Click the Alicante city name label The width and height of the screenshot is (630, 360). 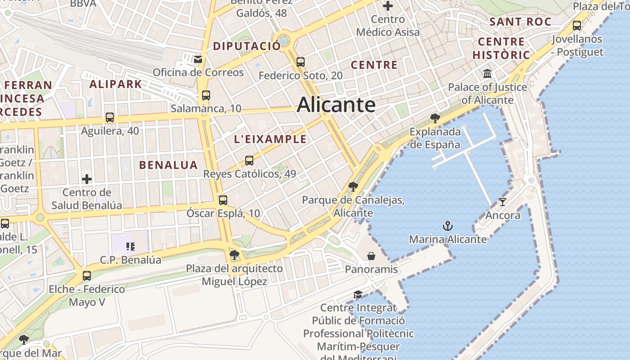coord(336,105)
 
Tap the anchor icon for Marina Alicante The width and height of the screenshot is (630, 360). coord(447,226)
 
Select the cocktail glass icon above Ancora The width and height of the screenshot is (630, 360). coord(502,202)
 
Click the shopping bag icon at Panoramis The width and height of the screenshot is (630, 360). coord(371,256)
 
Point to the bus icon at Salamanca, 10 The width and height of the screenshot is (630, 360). coord(206,95)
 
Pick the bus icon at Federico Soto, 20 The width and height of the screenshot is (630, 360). coord(301,62)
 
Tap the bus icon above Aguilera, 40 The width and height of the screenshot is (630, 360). coord(110,117)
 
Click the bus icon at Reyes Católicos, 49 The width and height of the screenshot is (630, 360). coord(249,160)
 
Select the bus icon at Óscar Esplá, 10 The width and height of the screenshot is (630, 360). coord(223,200)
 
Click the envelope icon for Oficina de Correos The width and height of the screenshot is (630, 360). coord(198,59)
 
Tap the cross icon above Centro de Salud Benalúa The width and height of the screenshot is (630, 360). coord(87,179)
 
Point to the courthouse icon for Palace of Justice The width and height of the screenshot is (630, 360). coord(487,73)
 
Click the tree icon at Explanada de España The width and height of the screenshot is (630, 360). coord(435,118)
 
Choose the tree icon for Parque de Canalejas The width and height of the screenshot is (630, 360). coord(353,186)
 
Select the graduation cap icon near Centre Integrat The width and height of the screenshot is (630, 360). coord(358,294)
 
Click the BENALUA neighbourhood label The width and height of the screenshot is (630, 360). coord(168,165)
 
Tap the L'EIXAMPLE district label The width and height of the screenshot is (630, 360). coord(270,139)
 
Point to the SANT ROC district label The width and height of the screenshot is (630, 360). coord(520,22)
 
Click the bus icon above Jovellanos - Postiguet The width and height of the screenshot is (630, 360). coord(577,26)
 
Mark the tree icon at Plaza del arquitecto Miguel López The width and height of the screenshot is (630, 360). coord(234,255)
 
